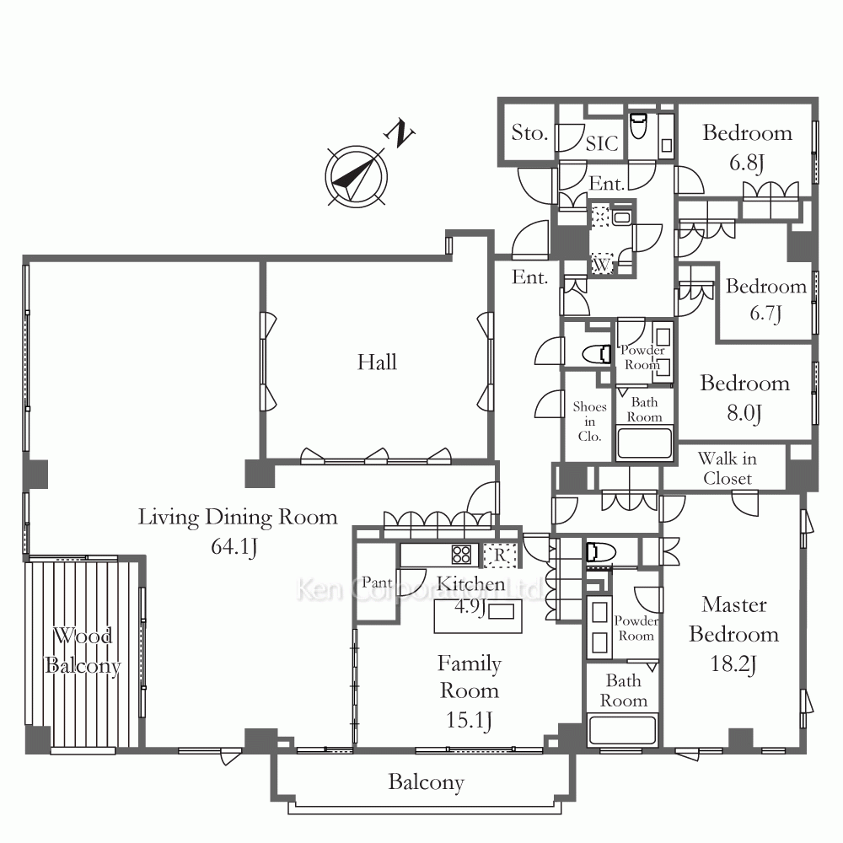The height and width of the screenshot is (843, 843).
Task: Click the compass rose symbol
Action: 356,176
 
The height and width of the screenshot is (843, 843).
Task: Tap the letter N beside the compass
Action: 400,133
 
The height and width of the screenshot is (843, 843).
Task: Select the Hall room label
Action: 378,362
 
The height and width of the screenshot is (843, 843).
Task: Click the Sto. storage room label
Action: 529,132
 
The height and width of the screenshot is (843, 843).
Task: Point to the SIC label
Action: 602,143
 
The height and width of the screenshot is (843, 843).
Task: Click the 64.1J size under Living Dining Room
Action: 234,546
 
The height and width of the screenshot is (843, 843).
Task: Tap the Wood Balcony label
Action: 83,651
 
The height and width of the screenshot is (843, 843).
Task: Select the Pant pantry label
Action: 377,583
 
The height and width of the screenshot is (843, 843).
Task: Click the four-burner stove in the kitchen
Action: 461,555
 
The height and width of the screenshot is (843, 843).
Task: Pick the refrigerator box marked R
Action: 500,556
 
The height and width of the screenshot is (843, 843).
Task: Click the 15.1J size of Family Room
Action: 470,720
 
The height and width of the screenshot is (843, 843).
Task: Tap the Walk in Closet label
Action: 728,468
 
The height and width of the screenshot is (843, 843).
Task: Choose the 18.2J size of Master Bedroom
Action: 734,664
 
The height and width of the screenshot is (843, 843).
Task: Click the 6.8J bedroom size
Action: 747,162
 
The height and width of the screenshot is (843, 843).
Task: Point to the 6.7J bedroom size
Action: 765,313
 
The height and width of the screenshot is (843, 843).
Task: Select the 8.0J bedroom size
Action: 744,413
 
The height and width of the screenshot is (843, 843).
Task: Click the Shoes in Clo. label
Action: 589,421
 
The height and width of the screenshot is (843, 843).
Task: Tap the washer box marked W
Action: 602,264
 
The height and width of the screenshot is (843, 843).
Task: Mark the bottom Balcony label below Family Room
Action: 427,783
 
